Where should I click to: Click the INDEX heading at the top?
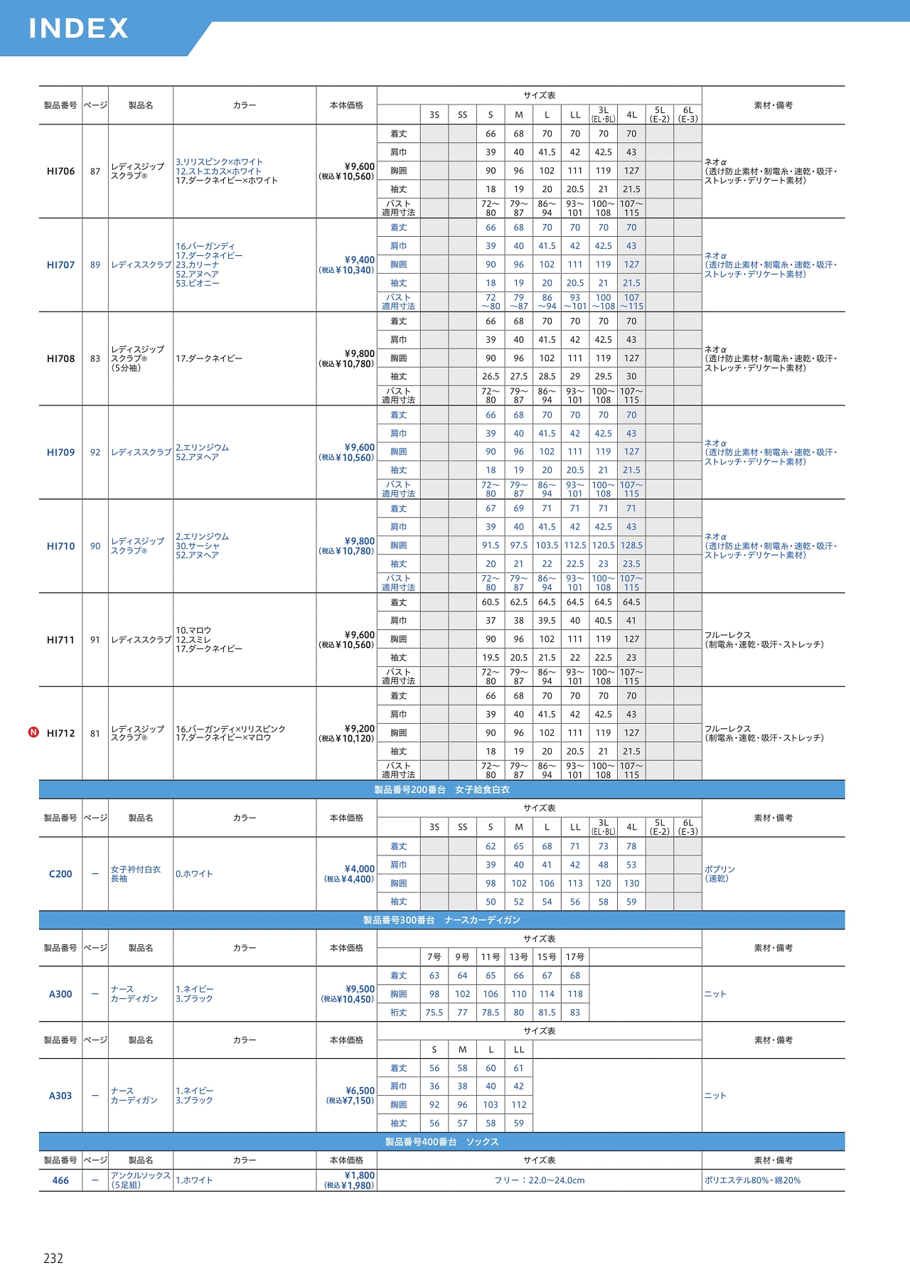coord(78,28)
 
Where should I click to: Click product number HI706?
coord(60,171)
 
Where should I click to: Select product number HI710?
coord(60,546)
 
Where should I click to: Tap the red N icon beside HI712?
coord(33,732)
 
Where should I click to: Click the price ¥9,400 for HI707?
coord(359,260)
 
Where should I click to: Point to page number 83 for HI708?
coord(95,358)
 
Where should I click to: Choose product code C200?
coord(60,874)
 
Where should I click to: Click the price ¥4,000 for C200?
coord(359,869)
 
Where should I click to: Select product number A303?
coord(60,1096)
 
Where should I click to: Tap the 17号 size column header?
coord(575,957)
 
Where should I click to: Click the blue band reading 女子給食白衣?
coord(441,790)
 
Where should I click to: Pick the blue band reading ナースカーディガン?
coord(441,920)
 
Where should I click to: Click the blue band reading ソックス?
coord(441,1142)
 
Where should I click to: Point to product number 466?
coord(60,1180)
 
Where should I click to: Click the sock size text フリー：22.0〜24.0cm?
coord(539,1180)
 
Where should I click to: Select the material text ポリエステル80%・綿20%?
coord(752,1180)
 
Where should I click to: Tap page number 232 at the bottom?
coord(53,1259)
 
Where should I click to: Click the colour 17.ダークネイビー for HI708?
coord(209,358)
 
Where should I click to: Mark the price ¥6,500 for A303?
coord(360,1091)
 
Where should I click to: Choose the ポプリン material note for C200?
coord(719,870)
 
